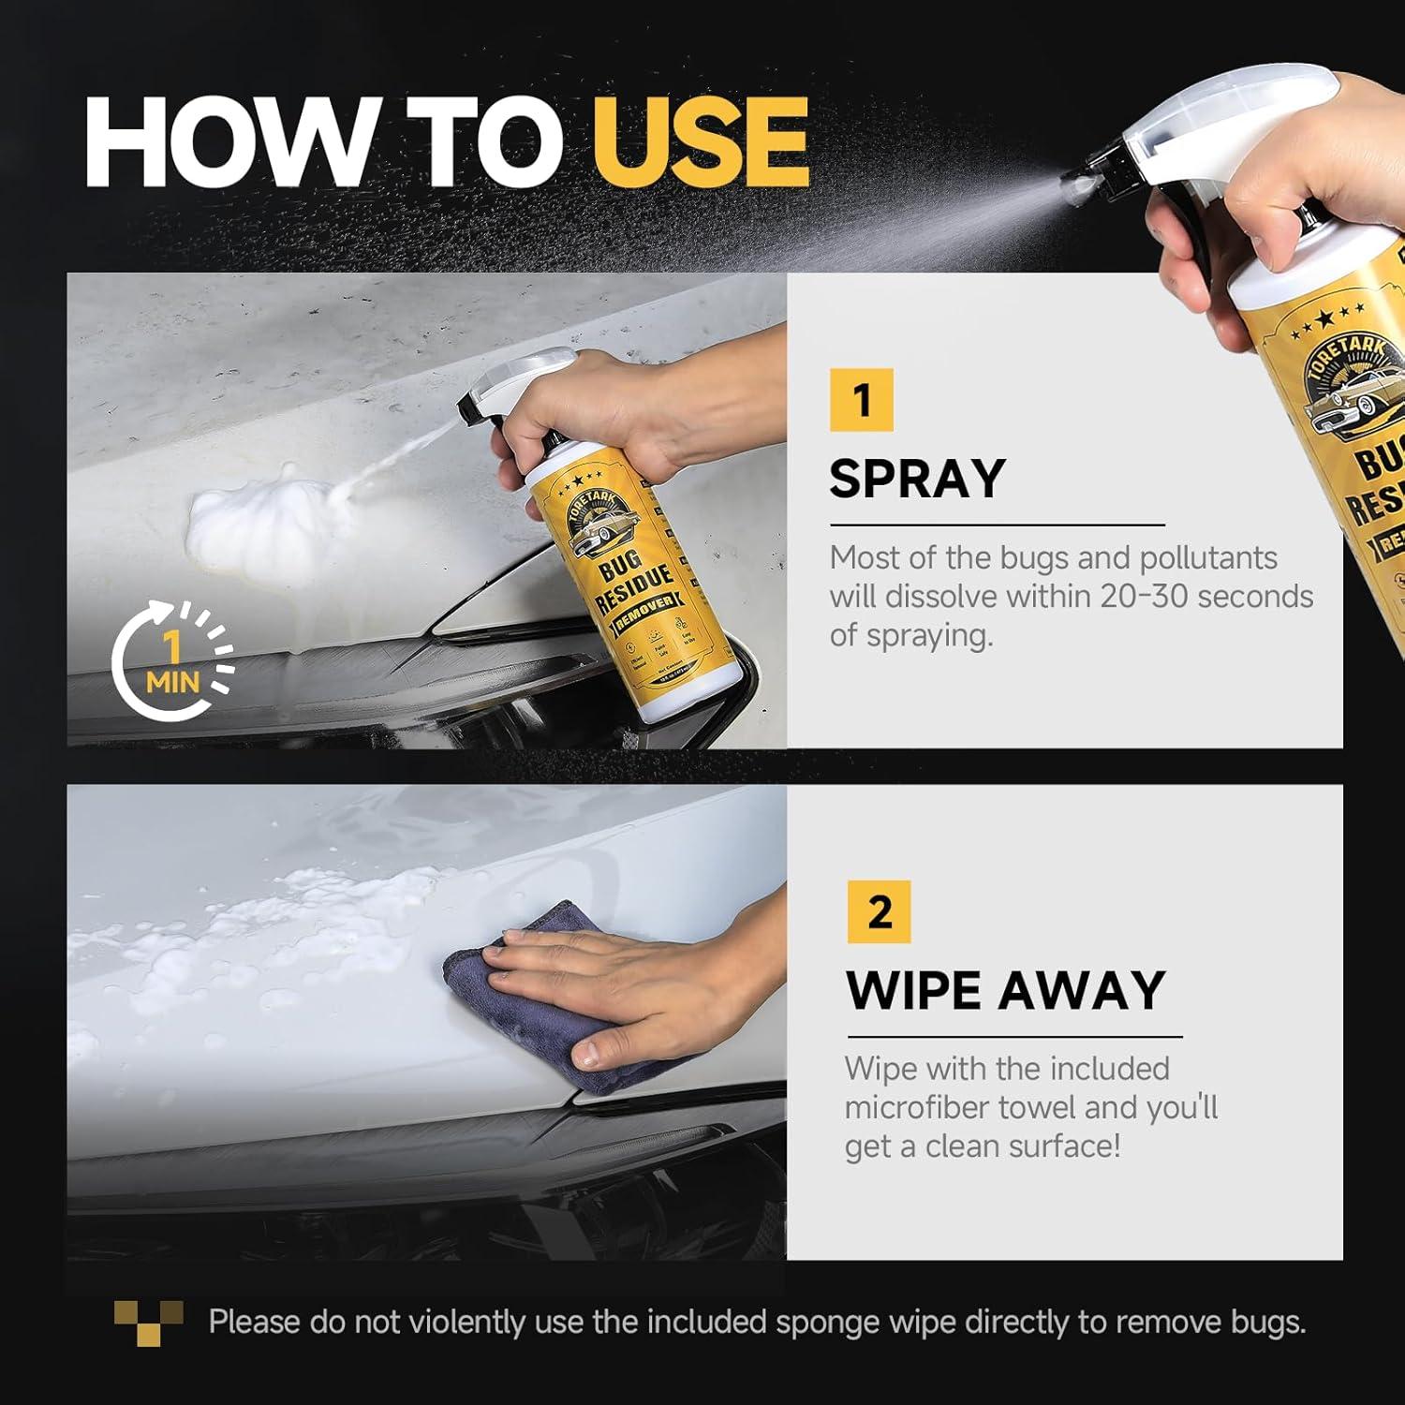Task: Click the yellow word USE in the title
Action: (700, 142)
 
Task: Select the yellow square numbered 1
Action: (861, 400)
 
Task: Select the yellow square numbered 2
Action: (879, 911)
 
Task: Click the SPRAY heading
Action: (917, 479)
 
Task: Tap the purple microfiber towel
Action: (525, 993)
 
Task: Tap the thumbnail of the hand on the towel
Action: (426, 1021)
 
